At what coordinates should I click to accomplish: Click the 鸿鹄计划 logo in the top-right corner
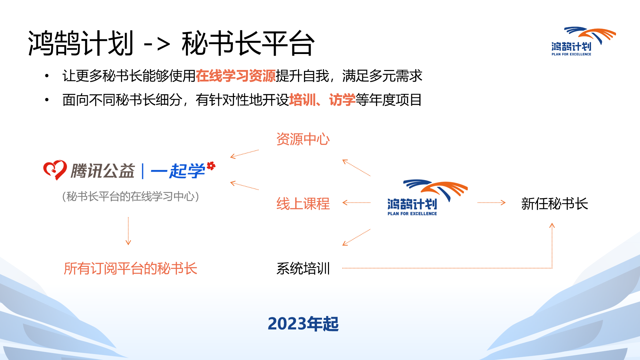[583, 41]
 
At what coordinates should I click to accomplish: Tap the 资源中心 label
[303, 139]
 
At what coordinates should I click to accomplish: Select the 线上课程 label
[303, 204]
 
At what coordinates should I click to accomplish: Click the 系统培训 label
[303, 268]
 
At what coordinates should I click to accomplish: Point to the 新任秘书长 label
[555, 204]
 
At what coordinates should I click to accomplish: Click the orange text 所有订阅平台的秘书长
[130, 268]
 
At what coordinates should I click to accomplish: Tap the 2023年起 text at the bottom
[303, 324]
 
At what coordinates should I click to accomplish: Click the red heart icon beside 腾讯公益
[55, 170]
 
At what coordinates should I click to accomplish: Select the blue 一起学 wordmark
[183, 170]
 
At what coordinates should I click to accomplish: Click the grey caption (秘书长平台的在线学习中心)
[130, 196]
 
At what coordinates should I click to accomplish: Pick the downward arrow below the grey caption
[128, 231]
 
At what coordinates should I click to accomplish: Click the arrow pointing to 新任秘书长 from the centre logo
[491, 202]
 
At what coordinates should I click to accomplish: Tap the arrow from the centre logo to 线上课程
[356, 202]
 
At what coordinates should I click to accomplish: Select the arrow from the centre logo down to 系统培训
[356, 237]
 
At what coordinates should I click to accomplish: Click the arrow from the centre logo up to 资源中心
[356, 168]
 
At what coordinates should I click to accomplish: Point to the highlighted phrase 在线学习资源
[236, 76]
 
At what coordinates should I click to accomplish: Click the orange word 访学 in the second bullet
[342, 100]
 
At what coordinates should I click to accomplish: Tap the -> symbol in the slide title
[157, 44]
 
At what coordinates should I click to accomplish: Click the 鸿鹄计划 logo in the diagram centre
[428, 198]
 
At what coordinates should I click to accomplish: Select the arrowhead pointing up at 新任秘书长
[552, 225]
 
